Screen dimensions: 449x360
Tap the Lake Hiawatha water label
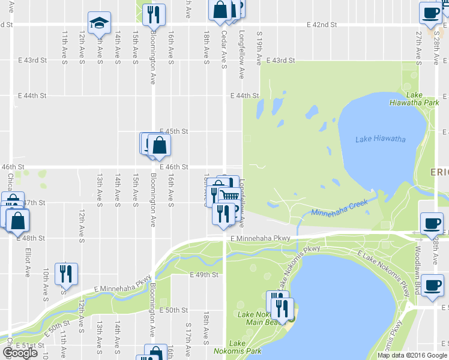pos(380,139)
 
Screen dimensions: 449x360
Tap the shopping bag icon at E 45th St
pos(159,145)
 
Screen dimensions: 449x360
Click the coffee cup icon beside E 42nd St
pos(430,13)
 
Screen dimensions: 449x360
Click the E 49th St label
pos(202,275)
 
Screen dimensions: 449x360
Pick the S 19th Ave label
pos(259,49)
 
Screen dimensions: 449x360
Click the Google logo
pos(20,353)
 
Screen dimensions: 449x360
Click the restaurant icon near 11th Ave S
pos(65,274)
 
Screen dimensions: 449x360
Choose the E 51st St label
pos(29,346)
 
